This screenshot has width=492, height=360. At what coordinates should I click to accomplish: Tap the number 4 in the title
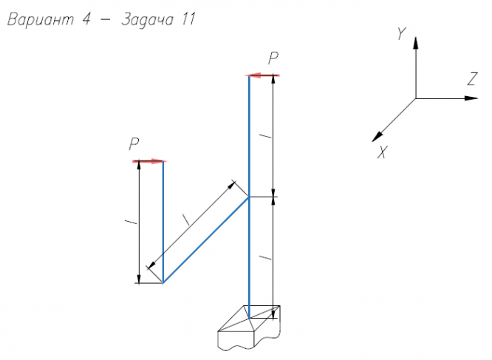[x=86, y=21]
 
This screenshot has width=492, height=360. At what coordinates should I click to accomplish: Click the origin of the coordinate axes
[x=415, y=98]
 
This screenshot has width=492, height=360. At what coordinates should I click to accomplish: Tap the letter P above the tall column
[x=273, y=59]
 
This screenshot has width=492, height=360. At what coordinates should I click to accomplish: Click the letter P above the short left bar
[x=134, y=144]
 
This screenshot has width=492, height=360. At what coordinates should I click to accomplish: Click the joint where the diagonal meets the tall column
[x=249, y=197]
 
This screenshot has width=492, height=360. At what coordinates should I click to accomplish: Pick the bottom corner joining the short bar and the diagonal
[x=163, y=282]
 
